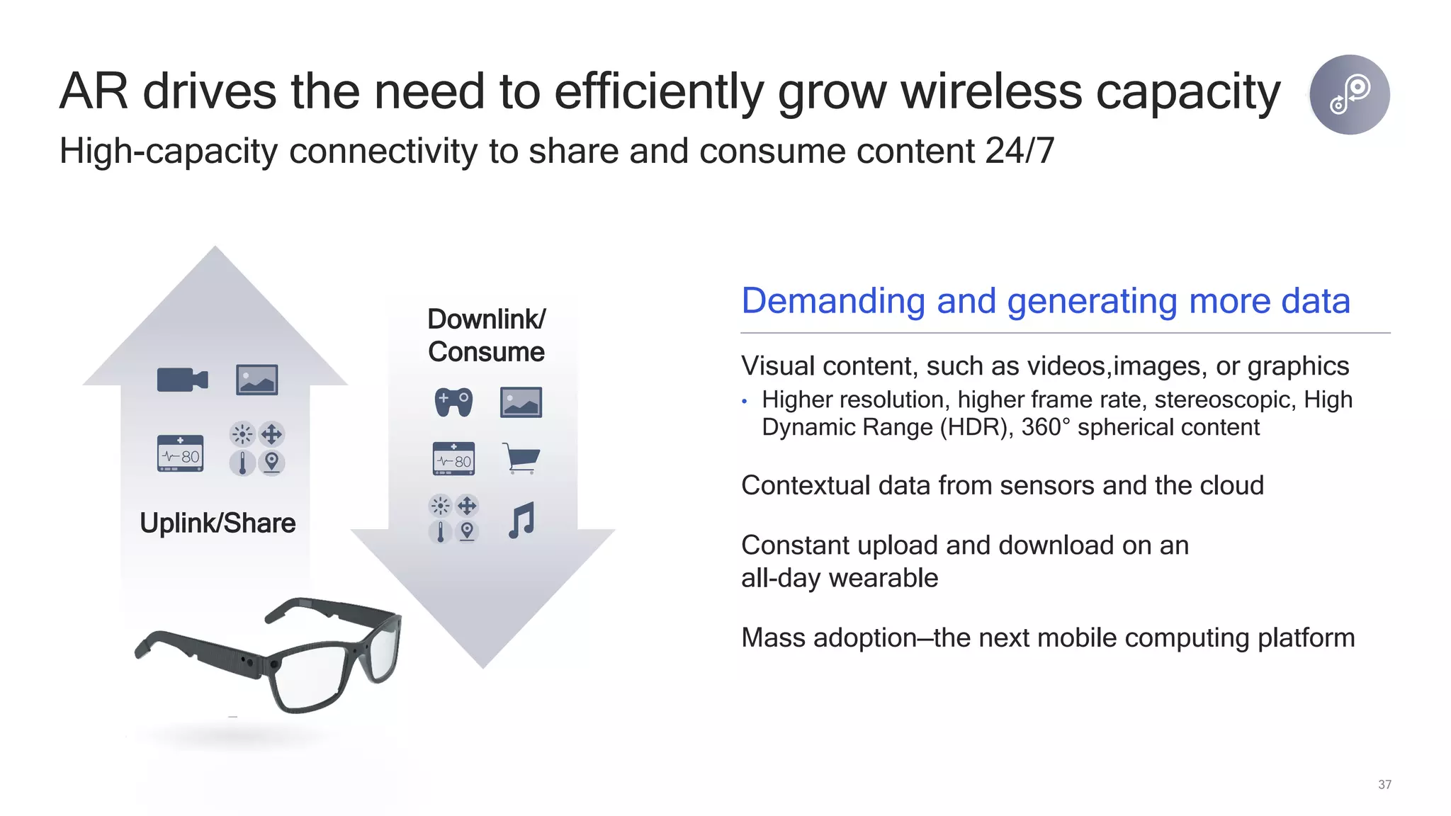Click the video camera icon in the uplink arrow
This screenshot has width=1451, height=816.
pos(182,380)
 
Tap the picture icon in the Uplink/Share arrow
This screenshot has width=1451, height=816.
pos(256,380)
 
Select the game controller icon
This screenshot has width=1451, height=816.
pos(453,402)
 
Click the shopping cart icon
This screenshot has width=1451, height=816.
pos(521,458)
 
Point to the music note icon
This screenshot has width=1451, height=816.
pos(521,521)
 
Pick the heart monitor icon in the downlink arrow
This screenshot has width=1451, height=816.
pos(453,459)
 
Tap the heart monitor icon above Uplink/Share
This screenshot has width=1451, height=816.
pos(180,453)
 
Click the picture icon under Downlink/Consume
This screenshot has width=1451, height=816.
pos(521,402)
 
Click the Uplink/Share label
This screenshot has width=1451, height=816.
pos(218,523)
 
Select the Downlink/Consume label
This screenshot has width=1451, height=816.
pos(487,335)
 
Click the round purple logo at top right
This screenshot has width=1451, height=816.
pos(1349,94)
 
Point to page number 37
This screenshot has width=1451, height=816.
pos(1384,784)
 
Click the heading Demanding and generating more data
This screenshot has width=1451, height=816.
pos(1045,300)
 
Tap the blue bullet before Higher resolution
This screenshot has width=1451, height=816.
pos(745,402)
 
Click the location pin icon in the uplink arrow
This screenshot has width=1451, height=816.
pos(271,463)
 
